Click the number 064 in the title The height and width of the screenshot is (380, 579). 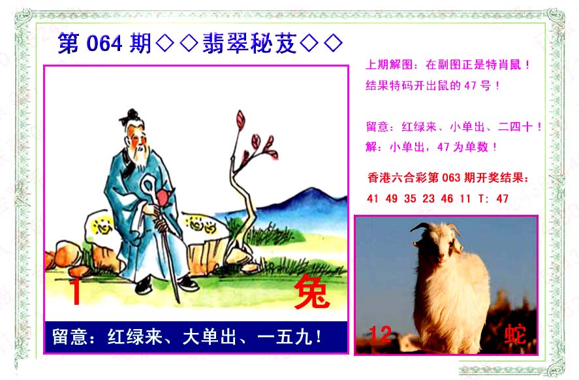(104, 44)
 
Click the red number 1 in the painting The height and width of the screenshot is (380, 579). (76, 292)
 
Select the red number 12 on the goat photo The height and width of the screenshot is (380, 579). (380, 334)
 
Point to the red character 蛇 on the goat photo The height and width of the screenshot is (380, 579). (515, 334)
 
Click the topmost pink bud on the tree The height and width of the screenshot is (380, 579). (241, 119)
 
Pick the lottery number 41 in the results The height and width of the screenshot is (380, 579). (373, 198)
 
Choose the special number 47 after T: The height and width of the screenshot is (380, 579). (502, 198)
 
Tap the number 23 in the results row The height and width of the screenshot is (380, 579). (428, 198)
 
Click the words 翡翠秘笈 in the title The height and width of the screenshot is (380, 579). (249, 44)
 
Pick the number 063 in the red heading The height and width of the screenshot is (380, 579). (451, 178)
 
